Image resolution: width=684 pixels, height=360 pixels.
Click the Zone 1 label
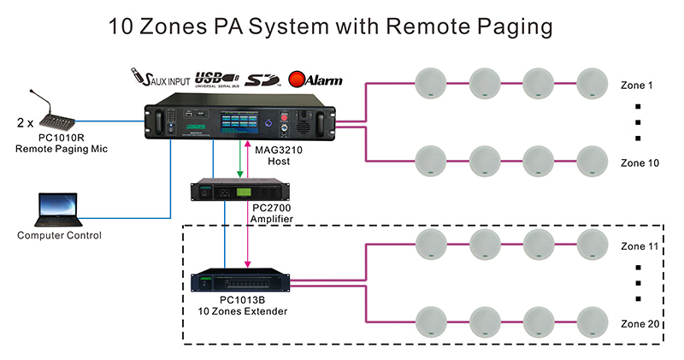pos(637,86)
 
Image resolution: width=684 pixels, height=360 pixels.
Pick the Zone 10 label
pos(640,162)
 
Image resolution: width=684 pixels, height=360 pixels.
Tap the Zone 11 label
pos(640,245)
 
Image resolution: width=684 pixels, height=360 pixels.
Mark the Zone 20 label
pos(640,322)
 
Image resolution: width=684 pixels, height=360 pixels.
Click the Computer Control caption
pos(59,236)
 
